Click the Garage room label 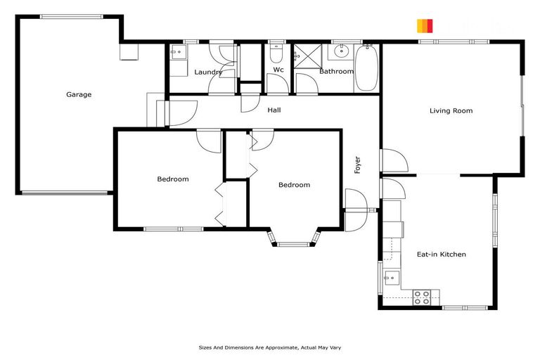pyautogui.click(x=79, y=94)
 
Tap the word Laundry pyautogui.click(x=208, y=72)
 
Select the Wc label pyautogui.click(x=278, y=70)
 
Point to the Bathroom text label pyautogui.click(x=336, y=71)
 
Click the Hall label pyautogui.click(x=274, y=110)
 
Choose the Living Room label pyautogui.click(x=451, y=110)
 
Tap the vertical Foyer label pyautogui.click(x=357, y=165)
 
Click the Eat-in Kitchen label pyautogui.click(x=442, y=254)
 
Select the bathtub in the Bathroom pyautogui.click(x=366, y=67)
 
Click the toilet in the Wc pyautogui.click(x=277, y=53)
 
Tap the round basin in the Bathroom pyautogui.click(x=342, y=51)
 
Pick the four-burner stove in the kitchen pyautogui.click(x=422, y=297)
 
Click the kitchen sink pyautogui.click(x=390, y=278)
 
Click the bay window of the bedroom pyautogui.click(x=292, y=243)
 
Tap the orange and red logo pyautogui.click(x=425, y=26)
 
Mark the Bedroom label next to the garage pyautogui.click(x=172, y=179)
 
